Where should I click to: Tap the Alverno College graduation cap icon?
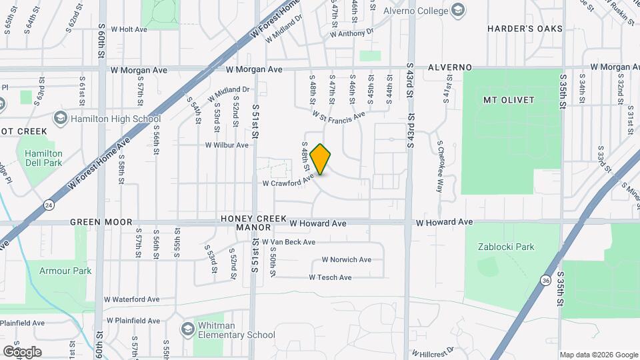click(458, 9)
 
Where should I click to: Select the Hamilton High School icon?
click(61, 118)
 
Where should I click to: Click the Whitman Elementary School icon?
click(189, 330)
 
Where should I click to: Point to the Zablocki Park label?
click(506, 247)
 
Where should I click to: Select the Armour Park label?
click(65, 271)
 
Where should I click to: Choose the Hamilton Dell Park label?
click(43, 158)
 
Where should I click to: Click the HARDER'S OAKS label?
click(525, 29)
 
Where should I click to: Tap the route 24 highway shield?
click(48, 205)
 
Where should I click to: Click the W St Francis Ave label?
click(338, 116)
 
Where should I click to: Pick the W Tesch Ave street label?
click(330, 277)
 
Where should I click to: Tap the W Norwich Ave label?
click(346, 259)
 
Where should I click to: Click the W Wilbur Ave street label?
click(227, 145)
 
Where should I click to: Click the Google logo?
click(22, 351)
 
